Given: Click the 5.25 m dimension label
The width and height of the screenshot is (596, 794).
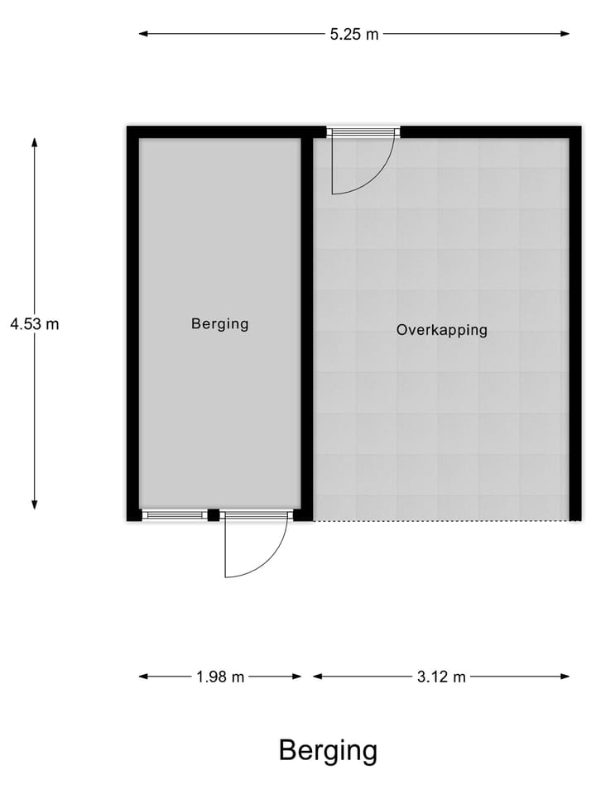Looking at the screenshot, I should click(353, 35).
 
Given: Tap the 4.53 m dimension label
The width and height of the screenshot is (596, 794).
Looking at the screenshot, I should click(35, 324).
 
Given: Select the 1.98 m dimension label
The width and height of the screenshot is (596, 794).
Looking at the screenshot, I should click(220, 677).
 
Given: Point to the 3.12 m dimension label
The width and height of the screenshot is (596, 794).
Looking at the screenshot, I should click(441, 677).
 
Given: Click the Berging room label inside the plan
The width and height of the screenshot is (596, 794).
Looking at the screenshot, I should click(219, 324).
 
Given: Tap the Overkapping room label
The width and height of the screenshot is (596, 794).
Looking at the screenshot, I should click(441, 330).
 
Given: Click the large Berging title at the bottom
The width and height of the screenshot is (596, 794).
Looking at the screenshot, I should click(328, 750).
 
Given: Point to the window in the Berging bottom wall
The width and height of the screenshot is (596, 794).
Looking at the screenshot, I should click(175, 515).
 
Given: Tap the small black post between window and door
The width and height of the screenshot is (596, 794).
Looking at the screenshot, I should click(214, 515).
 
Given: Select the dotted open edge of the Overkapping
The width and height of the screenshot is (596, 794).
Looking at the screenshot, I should click(439, 520).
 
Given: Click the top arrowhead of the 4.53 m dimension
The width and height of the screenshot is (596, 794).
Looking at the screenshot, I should click(35, 142).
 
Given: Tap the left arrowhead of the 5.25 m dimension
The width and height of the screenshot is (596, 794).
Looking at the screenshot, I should click(143, 34).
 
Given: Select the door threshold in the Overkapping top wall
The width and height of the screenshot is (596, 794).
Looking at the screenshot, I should click(363, 131).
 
